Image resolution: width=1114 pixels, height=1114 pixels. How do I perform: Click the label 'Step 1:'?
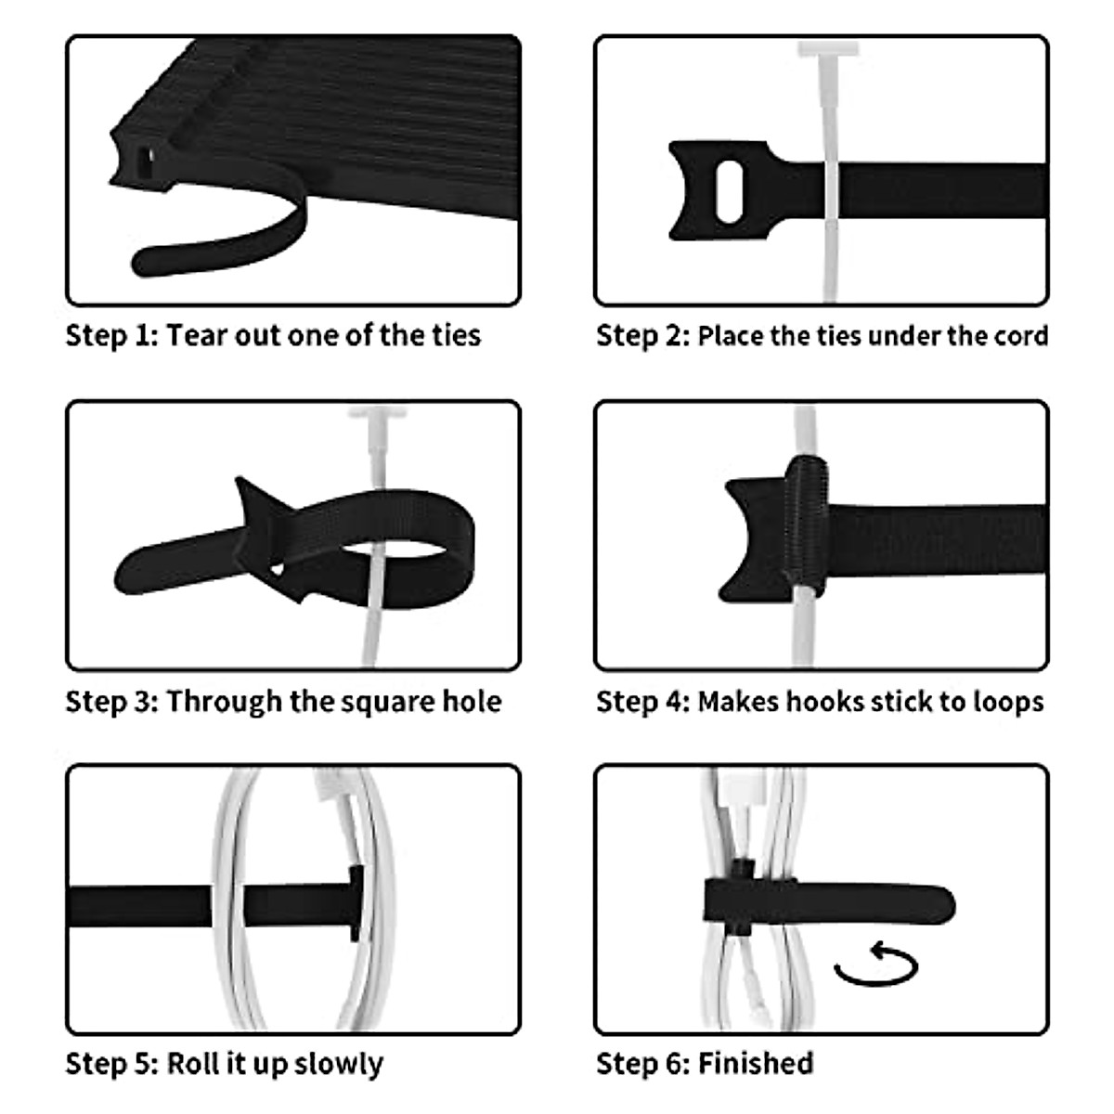click(x=111, y=335)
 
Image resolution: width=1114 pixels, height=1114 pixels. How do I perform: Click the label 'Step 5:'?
click(x=111, y=1063)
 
